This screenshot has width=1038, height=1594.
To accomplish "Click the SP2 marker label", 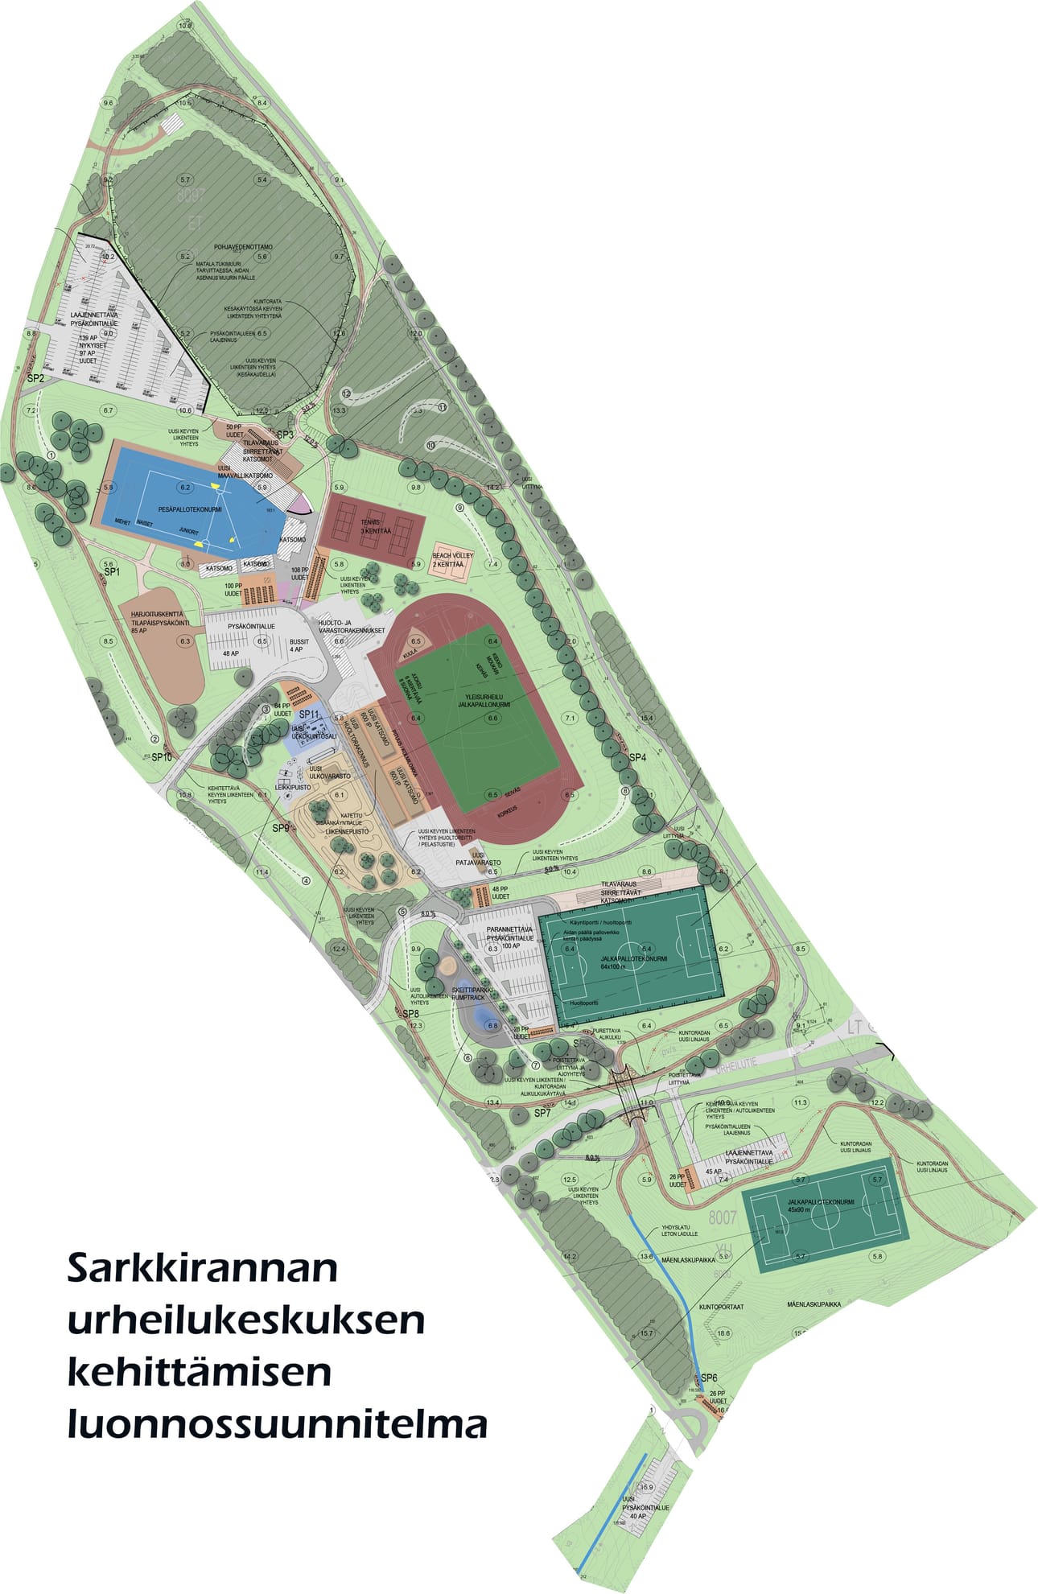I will [x=35, y=377].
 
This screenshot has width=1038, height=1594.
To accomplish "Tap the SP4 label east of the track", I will [x=637, y=757].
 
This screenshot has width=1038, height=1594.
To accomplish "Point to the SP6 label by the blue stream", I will [x=709, y=1378].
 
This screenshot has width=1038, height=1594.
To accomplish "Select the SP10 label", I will [x=162, y=757].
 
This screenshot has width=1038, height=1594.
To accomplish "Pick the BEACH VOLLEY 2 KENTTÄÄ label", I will [x=452, y=560].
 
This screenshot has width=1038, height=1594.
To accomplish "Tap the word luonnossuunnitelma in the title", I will [x=277, y=1424].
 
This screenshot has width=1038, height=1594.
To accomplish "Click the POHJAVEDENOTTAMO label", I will [x=243, y=247].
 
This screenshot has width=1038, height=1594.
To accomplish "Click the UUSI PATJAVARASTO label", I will [x=478, y=859].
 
